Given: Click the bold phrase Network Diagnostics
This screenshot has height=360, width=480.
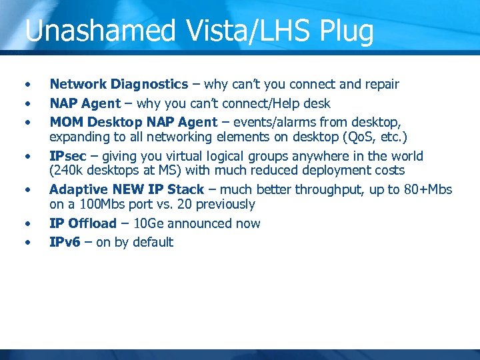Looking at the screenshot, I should [x=119, y=85].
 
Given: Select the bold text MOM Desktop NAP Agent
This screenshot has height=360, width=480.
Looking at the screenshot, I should [x=133, y=123].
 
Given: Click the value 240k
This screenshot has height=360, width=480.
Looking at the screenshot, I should [x=70, y=171].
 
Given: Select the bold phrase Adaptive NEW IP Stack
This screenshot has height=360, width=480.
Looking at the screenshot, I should [x=127, y=190].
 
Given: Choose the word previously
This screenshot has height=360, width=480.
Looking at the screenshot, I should [x=226, y=205].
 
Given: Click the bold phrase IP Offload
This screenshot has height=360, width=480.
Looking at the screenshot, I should [x=83, y=224].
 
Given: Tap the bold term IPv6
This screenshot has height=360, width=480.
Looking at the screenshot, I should [x=65, y=243].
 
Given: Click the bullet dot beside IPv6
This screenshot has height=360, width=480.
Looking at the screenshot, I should [x=27, y=243].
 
